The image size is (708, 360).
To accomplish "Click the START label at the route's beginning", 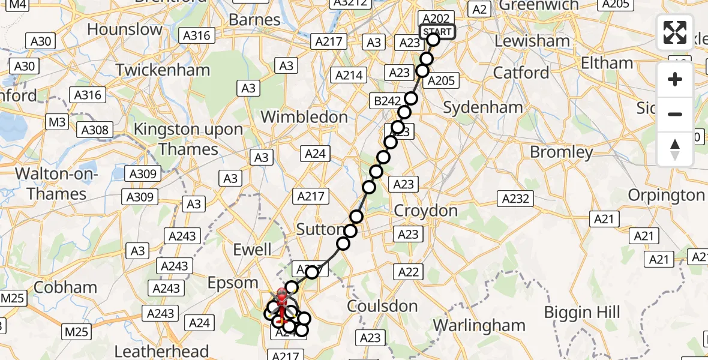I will point(437,31).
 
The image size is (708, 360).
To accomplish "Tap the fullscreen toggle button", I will point(675,32).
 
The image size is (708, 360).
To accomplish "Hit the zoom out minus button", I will point(675,113).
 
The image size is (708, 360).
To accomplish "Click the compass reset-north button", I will point(675,149).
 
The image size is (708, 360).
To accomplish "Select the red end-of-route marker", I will point(281,295).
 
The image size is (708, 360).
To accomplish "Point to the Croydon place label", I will point(427,211).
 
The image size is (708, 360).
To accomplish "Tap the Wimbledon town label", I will point(304,116).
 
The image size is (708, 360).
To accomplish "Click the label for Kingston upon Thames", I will point(188,139).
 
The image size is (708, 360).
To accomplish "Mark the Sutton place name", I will point(321,229).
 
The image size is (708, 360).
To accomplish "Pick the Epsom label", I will point(233,283).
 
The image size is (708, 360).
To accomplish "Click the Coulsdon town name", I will point(383,307).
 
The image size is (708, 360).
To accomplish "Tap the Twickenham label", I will point(163,70).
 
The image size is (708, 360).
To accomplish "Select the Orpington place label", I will point(666,196).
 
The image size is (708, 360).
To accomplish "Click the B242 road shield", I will point(387,101).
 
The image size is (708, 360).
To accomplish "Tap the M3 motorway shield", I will point(58,122).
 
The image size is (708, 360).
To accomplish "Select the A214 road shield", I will point(349,76).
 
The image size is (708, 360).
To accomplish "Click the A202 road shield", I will point(435,19).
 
